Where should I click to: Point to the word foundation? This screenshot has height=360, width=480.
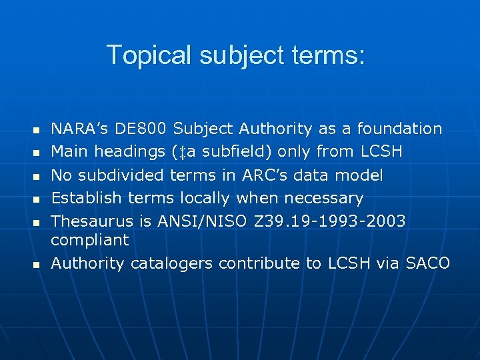coord(399,128)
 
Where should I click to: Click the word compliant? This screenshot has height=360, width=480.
coord(90,239)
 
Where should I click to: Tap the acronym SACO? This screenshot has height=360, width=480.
coord(427,263)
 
